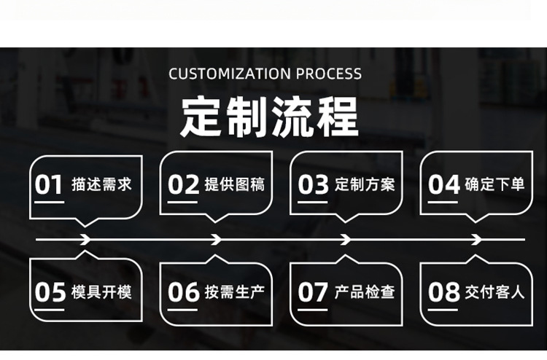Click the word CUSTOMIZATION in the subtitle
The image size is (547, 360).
[x=230, y=74]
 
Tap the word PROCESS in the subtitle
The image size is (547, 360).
[x=329, y=74]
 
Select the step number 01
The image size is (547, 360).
[x=50, y=185]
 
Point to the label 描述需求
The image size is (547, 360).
[x=101, y=184]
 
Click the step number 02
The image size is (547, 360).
[x=183, y=185]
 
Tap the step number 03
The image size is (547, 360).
[x=314, y=185]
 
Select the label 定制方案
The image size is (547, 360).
[x=365, y=184]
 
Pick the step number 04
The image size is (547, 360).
[x=443, y=185]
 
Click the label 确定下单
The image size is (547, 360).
[x=494, y=184]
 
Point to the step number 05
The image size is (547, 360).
[x=50, y=293]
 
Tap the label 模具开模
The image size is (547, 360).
[x=101, y=292]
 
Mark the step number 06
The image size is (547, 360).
[x=183, y=293]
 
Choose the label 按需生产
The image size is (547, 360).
[x=234, y=292]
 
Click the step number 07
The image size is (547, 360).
[x=314, y=293]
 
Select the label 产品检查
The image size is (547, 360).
[x=365, y=292]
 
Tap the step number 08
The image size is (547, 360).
[x=443, y=293]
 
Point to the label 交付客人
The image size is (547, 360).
[x=494, y=292]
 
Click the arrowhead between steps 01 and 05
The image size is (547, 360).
[x=85, y=239]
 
